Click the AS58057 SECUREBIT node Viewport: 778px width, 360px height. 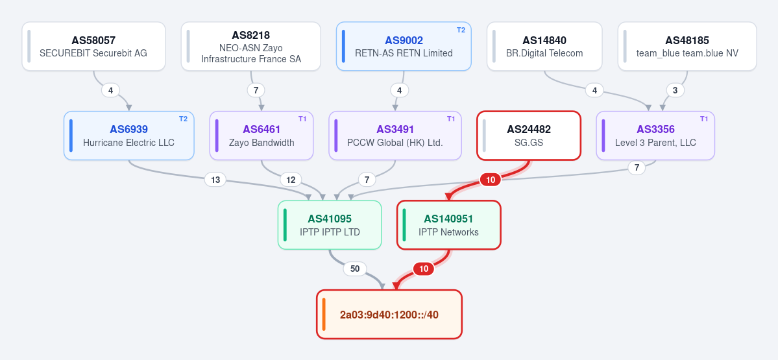[93, 46]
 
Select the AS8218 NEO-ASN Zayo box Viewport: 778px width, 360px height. [251, 46]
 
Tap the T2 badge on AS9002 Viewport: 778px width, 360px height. [461, 30]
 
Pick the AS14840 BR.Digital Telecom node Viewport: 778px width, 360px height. [544, 46]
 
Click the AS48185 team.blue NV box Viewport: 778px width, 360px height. [687, 46]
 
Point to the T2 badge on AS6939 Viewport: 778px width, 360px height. [183, 119]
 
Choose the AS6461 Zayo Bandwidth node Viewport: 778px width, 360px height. [261, 136]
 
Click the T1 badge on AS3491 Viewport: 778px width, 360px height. [451, 119]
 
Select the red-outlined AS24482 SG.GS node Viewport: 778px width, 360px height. [528, 136]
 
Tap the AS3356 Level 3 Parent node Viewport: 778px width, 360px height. [655, 136]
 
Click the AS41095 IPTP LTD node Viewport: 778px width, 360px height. [330, 224]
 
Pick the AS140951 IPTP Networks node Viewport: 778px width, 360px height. [448, 224]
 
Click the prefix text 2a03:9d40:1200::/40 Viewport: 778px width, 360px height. [389, 315]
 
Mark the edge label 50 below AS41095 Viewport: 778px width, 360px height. [355, 269]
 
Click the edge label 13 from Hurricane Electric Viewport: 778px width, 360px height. [215, 180]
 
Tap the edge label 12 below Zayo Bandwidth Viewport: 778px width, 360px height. [291, 180]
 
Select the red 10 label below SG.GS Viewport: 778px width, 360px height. [490, 180]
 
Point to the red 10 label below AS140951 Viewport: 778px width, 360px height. [424, 269]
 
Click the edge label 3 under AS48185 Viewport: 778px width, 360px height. [675, 90]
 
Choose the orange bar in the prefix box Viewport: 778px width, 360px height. [324, 315]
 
